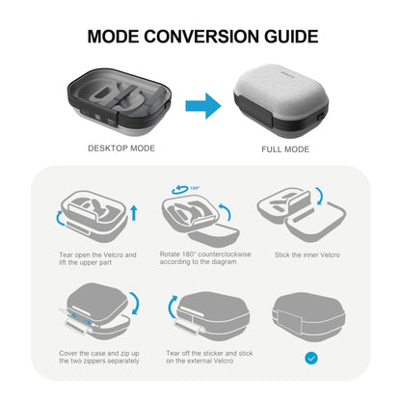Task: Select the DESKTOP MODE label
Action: click(x=121, y=148)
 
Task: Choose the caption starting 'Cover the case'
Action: click(x=99, y=356)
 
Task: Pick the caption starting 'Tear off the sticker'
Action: click(x=207, y=356)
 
